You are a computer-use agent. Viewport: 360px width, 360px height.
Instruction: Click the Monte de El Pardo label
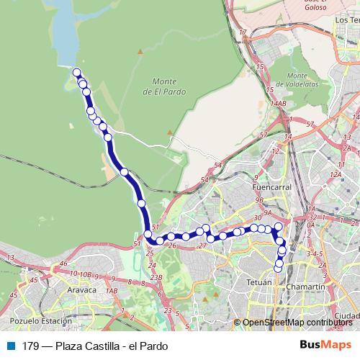coord(169,86)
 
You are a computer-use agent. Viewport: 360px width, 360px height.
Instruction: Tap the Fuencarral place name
coord(271,186)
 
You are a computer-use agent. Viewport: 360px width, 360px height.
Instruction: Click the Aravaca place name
coord(81,289)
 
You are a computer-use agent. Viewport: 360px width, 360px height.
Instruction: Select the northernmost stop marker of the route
coord(76,71)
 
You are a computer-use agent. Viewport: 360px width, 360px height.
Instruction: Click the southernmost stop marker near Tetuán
coord(278,269)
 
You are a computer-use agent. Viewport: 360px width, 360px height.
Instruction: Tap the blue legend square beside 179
coord(12,346)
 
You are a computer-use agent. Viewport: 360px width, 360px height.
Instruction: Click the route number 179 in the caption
coord(31,346)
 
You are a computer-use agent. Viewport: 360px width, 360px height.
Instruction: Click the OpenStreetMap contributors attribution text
coord(297,323)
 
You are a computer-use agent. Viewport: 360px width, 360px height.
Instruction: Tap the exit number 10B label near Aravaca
coord(86,274)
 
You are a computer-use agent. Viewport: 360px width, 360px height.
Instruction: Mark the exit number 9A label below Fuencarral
coord(269,212)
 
